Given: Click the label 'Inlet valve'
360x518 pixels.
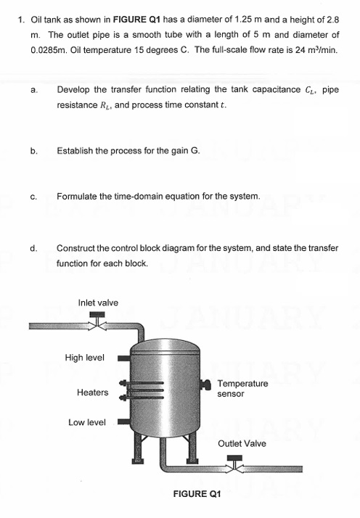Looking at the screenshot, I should click(97, 302).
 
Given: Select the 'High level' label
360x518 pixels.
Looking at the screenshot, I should click(84, 357).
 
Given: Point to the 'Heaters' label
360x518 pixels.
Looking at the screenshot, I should click(92, 392).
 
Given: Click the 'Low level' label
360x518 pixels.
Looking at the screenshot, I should click(86, 422).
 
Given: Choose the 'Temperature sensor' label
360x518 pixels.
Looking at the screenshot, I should click(242, 388).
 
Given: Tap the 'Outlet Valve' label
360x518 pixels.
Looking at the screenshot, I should click(242, 443).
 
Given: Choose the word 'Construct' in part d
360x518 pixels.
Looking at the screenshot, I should click(78, 248).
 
